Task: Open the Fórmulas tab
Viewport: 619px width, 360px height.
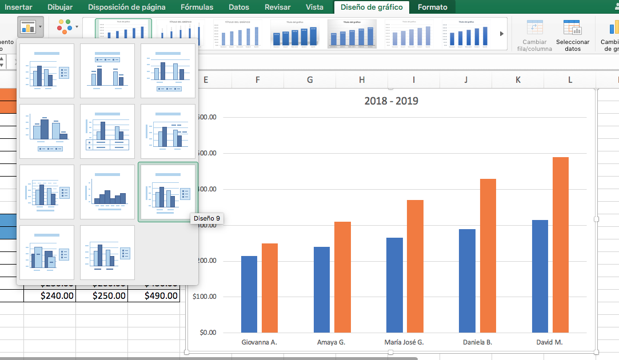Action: [x=197, y=7]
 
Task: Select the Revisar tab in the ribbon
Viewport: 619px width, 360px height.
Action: [x=277, y=7]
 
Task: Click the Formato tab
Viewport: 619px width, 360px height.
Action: [x=432, y=7]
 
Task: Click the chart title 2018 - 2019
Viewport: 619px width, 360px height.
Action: [x=391, y=101]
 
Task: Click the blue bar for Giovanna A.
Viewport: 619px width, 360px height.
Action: [x=249, y=294]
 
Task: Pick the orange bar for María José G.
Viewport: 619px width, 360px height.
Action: [x=415, y=266]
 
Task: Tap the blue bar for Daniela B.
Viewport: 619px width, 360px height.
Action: [x=467, y=281]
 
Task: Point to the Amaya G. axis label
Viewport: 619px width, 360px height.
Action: [x=331, y=342]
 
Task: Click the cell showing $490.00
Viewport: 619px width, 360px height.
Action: [x=154, y=295]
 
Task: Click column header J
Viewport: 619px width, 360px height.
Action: [x=465, y=80]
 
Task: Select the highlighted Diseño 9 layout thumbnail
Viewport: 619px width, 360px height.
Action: [x=168, y=191]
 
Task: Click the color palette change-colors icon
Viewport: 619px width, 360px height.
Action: [x=65, y=26]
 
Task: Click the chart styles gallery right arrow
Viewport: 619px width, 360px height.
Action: [x=502, y=34]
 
